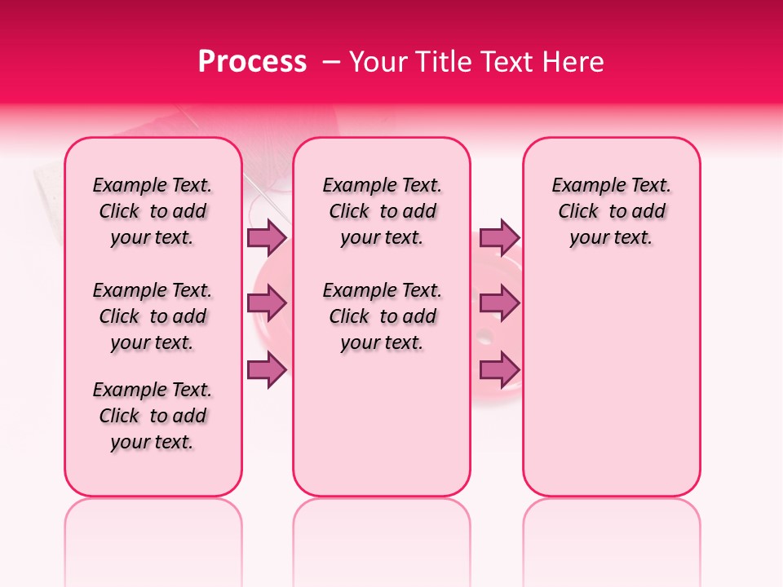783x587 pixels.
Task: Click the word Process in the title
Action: [x=251, y=62]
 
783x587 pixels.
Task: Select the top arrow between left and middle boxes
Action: [x=267, y=237]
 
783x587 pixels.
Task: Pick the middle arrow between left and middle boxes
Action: [x=267, y=304]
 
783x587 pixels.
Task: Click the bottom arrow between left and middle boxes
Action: [x=267, y=370]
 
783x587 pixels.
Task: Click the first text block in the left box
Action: [x=153, y=211]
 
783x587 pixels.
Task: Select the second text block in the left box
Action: [x=153, y=316]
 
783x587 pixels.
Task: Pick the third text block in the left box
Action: [x=153, y=416]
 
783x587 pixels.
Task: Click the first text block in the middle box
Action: [x=382, y=211]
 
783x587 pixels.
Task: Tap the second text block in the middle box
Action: [x=382, y=316]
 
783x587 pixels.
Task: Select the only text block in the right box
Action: [x=611, y=211]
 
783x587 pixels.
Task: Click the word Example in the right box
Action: [x=582, y=186]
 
